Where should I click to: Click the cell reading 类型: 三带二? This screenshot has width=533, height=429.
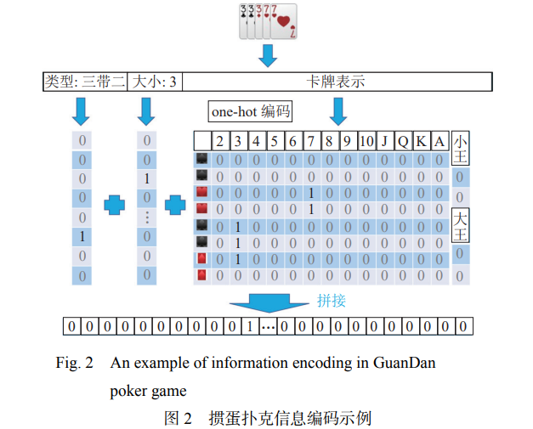click(85, 82)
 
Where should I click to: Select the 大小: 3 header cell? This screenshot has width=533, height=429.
click(155, 82)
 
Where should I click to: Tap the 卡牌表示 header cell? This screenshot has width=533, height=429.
click(337, 82)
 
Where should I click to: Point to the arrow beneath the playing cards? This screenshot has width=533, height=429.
click(269, 55)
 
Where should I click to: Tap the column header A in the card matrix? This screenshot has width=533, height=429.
click(439, 141)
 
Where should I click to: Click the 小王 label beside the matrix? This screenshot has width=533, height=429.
click(460, 150)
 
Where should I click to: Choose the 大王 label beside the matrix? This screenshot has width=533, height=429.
click(460, 224)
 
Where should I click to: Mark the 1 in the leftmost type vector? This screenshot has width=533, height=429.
click(82, 235)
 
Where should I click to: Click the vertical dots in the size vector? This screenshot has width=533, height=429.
click(147, 217)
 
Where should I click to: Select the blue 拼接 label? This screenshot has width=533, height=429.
click(332, 299)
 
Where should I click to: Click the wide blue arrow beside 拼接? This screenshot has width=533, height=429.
click(267, 302)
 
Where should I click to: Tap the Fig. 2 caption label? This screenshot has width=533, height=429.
click(74, 363)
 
